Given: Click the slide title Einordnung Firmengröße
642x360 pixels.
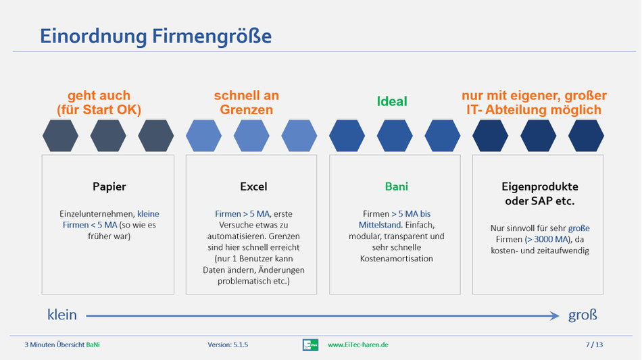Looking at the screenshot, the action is click(155, 36).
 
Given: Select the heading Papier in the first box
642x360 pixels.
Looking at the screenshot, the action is click(109, 187).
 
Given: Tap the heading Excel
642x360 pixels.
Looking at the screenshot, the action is click(253, 186).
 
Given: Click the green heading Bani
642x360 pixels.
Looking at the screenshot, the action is click(396, 186).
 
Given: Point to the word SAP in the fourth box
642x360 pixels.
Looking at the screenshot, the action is click(541, 201).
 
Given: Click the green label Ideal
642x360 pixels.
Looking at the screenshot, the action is click(392, 101).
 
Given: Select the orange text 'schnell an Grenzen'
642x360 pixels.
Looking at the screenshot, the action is click(247, 102).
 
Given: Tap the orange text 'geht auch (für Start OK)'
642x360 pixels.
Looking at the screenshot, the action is click(99, 102).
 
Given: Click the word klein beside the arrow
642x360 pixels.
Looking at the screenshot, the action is click(62, 315).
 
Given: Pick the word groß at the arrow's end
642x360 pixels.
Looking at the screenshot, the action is click(583, 315).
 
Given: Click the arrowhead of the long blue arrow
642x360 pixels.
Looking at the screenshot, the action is click(555, 315).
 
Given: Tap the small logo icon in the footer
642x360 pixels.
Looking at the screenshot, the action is click(310, 345).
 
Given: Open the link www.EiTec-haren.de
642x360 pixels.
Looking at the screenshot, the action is click(358, 345).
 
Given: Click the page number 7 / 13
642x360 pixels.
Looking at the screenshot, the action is click(594, 344).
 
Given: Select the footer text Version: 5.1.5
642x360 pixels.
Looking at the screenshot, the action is click(228, 345).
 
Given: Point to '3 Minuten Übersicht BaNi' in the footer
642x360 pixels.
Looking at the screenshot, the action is click(61, 345).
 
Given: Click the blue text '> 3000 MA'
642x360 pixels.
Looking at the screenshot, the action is click(547, 239).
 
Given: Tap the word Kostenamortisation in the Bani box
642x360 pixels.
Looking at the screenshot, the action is click(396, 259).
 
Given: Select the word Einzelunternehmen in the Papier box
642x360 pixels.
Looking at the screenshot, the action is click(97, 213).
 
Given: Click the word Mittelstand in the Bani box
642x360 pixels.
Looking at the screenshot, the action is click(380, 225).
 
